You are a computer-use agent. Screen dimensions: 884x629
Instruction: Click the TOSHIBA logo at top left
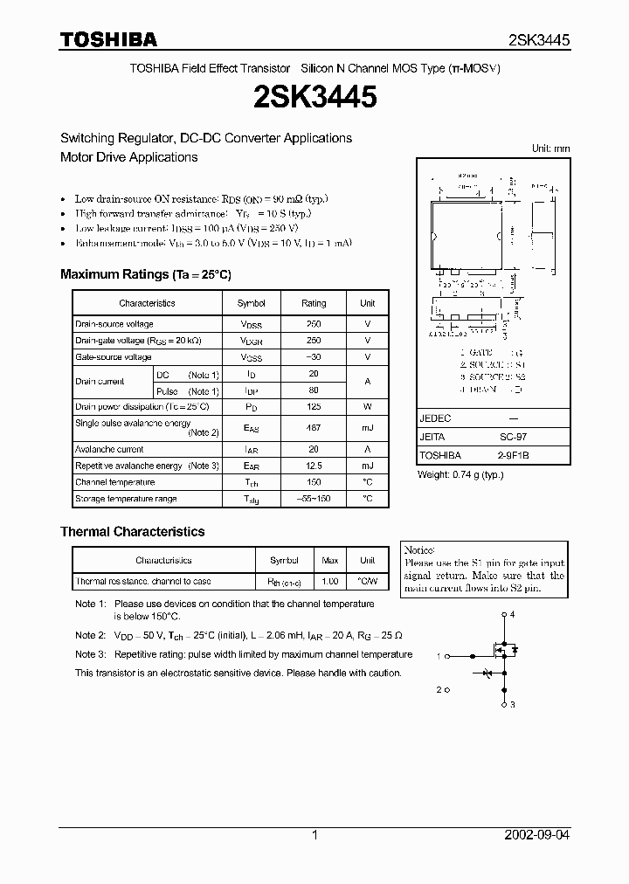pos(108,39)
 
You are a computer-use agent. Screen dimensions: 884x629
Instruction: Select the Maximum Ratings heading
pos(146,274)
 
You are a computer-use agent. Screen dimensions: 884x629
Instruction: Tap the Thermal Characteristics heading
pos(133,531)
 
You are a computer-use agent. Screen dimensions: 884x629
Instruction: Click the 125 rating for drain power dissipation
pos(314,407)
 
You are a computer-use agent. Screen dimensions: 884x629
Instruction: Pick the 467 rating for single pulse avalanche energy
pos(314,428)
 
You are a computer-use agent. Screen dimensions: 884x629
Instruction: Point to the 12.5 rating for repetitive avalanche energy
pos(314,466)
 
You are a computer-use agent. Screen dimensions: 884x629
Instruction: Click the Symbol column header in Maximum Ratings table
pos(252,303)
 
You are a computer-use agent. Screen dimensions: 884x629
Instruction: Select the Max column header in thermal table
pos(330,560)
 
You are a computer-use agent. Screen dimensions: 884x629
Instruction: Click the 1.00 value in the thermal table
pos(330,581)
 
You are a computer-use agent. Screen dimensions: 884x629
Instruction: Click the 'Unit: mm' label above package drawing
pos(550,148)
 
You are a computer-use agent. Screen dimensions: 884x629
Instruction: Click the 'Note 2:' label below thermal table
pos(90,636)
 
